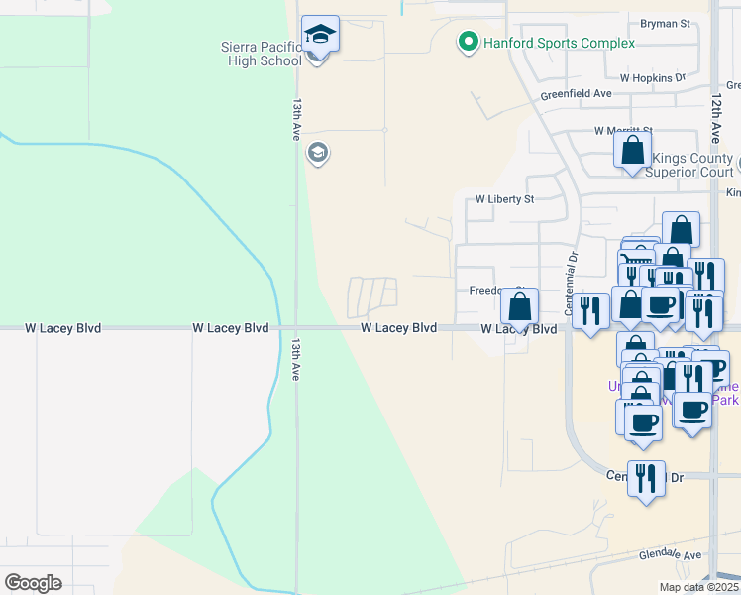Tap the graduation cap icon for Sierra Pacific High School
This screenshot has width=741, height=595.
click(x=320, y=36)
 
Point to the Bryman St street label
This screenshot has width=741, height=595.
click(x=665, y=23)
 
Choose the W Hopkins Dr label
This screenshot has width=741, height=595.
click(x=652, y=77)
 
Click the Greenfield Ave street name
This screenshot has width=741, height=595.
click(x=577, y=94)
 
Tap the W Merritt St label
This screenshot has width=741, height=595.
click(x=624, y=130)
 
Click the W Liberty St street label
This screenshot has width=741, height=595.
click(x=504, y=198)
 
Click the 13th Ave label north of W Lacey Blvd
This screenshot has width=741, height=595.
click(x=295, y=118)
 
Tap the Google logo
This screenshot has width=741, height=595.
click(x=33, y=583)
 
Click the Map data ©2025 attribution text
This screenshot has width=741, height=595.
click(x=698, y=587)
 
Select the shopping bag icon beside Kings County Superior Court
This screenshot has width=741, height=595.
click(x=632, y=151)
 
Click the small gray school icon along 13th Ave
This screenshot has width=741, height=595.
click(x=318, y=153)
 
